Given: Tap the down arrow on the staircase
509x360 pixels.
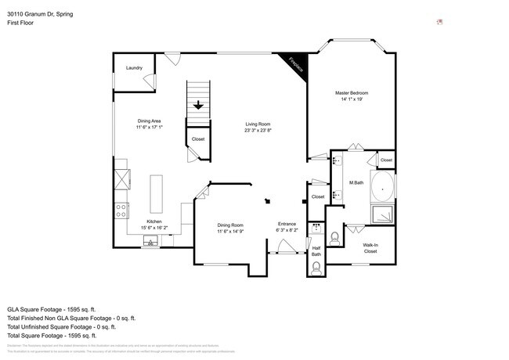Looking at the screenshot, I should (199, 105).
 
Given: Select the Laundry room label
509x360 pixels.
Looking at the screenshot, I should (134, 68).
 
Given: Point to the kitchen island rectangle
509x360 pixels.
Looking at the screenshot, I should (157, 193).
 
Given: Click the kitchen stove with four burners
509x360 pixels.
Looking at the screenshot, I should (122, 210).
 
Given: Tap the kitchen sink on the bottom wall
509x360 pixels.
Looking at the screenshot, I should (148, 243).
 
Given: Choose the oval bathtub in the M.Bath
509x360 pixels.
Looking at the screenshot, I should (382, 189).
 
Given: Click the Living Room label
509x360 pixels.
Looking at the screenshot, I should (258, 124).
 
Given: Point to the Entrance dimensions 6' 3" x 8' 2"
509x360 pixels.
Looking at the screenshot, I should (287, 232).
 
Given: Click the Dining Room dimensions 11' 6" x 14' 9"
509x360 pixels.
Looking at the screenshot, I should (231, 232).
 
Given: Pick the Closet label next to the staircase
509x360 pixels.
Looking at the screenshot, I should (198, 139).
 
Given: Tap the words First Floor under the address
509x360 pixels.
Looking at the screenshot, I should (21, 23).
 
